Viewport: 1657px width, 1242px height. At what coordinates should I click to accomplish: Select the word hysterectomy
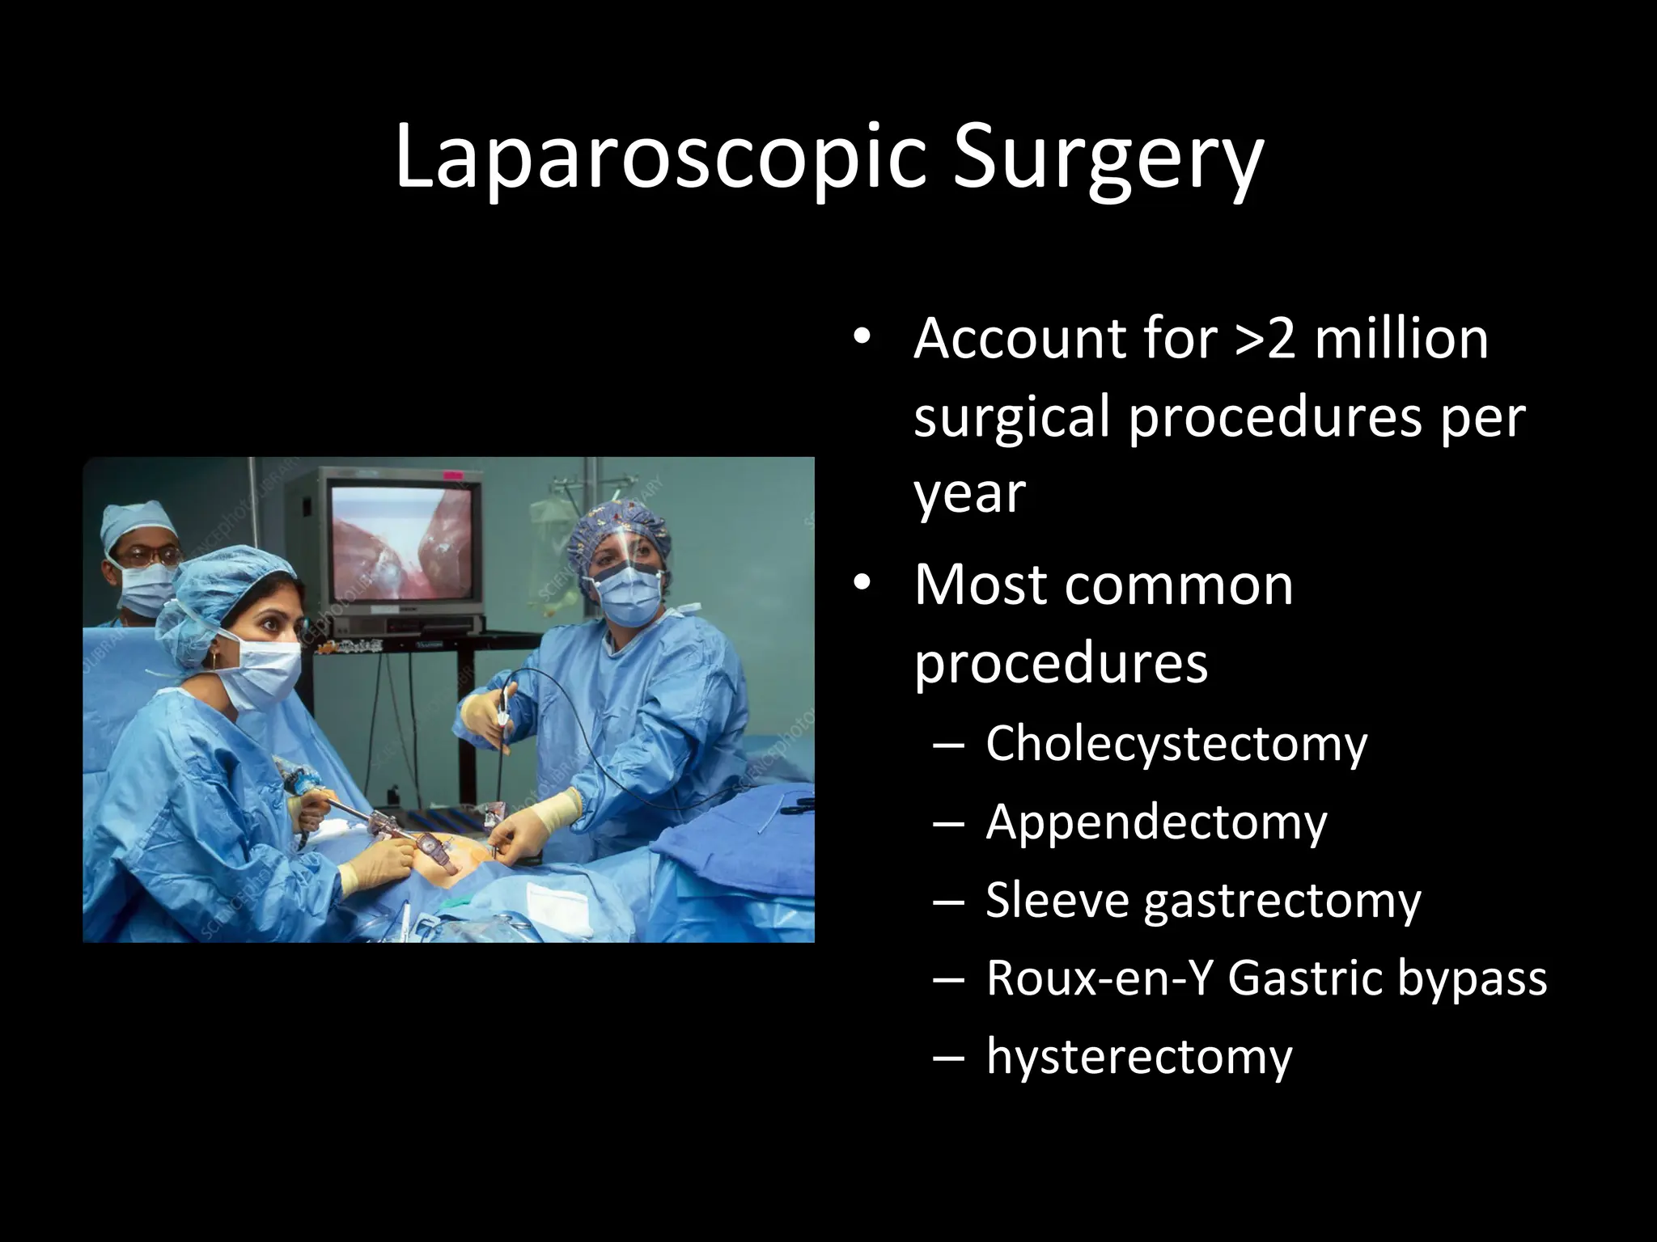click(1138, 1056)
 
